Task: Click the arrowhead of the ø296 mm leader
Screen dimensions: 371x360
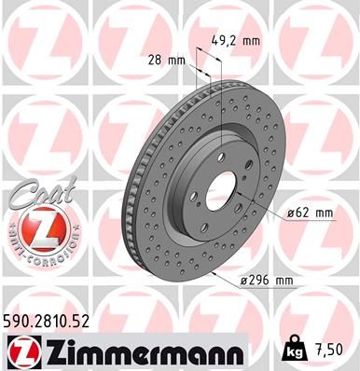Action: pos(212,274)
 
